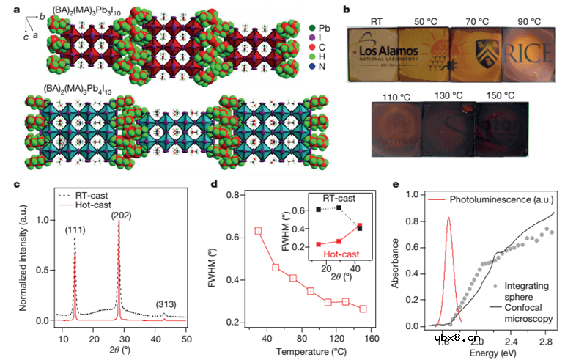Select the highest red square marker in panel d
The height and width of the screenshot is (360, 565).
pyautogui.click(x=258, y=231)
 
